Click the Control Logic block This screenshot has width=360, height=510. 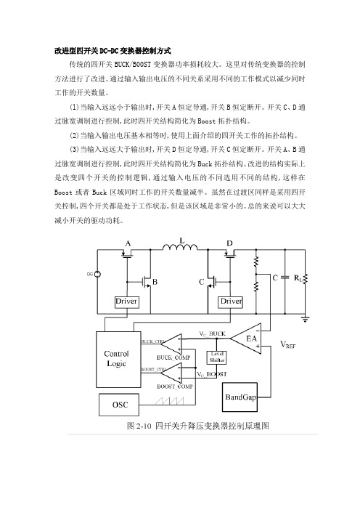coord(118,359)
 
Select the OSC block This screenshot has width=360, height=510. coord(119,405)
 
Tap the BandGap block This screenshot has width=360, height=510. coord(240,397)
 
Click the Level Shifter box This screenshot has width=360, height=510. coord(217,357)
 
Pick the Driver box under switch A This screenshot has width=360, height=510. coord(126,301)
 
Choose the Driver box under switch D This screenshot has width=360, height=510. coord(230,301)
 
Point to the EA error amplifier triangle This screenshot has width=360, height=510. coord(246,339)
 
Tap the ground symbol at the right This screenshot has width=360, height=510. coord(305,319)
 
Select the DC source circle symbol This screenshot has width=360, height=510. coord(97,274)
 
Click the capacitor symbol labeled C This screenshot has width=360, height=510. coord(285,278)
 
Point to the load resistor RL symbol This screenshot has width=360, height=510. coord(305,279)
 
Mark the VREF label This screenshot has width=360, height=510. coord(288,345)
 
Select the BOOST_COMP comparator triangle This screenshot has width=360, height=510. coord(172,373)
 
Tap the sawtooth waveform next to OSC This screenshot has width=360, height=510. coord(169,400)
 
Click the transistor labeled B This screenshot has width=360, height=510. coord(147,282)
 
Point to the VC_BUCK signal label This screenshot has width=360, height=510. coord(212,334)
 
